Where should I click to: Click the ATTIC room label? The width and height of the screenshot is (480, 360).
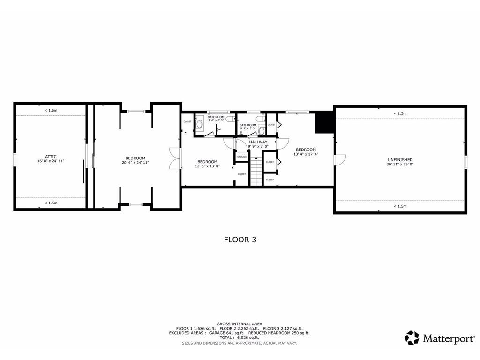(51, 156)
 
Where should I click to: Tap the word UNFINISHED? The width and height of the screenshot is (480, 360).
(399, 159)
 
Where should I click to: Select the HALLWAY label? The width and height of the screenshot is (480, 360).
(258, 142)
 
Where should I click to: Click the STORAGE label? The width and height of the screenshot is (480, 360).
(242, 157)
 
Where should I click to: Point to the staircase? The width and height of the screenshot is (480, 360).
(256, 171)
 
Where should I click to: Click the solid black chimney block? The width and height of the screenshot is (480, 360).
(323, 121)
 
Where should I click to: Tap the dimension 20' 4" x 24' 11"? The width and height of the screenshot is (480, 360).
(135, 163)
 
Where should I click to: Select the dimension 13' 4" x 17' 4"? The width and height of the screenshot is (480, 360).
(306, 154)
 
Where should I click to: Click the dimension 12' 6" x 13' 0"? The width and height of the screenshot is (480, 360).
(207, 166)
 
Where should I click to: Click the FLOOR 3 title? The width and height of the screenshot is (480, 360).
(240, 239)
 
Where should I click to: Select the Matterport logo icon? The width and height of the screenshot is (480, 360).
(412, 337)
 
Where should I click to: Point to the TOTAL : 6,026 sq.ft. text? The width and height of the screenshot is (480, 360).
(240, 337)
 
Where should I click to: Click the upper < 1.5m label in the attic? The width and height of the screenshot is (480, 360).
(51, 110)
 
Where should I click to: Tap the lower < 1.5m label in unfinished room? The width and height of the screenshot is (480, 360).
(400, 206)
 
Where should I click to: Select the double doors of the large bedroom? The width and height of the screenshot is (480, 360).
(174, 158)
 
